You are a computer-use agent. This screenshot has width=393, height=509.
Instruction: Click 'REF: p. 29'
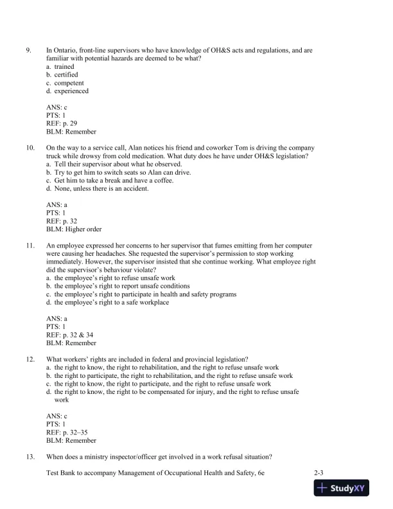(62, 123)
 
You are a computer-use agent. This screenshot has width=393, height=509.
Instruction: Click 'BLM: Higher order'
(73, 229)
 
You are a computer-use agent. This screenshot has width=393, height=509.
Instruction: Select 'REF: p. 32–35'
(67, 433)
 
